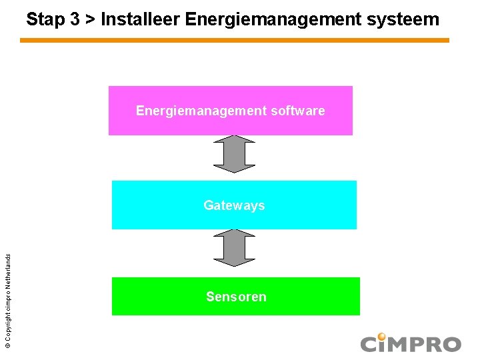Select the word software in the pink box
(299, 111)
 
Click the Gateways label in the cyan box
(234, 205)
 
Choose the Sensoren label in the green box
(236, 297)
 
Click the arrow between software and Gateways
(234, 154)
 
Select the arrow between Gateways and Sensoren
(234, 248)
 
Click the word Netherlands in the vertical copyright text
(7, 257)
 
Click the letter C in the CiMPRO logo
(370, 345)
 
